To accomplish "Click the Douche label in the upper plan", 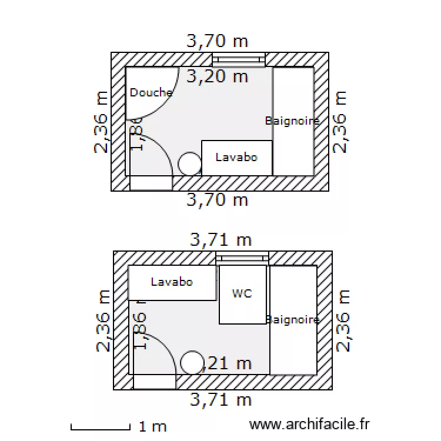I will pyautogui.click(x=151, y=92).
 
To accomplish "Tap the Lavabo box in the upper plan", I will pyautogui.click(x=236, y=158).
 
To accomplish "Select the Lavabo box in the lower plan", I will pyautogui.click(x=172, y=282).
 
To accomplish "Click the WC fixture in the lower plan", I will pyautogui.click(x=242, y=294).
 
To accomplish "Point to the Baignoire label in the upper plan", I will pyautogui.click(x=292, y=121).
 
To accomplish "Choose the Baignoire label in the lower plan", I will pyautogui.click(x=293, y=320).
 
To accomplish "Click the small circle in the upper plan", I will pyautogui.click(x=189, y=163).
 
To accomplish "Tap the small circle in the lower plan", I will pyautogui.click(x=192, y=363).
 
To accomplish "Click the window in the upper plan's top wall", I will pyautogui.click(x=238, y=59).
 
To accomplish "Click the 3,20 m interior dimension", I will pyautogui.click(x=217, y=76).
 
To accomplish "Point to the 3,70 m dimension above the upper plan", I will pyautogui.click(x=217, y=41).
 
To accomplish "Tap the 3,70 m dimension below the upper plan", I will pyautogui.click(x=217, y=200).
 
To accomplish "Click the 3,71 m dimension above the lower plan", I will pyautogui.click(x=220, y=240).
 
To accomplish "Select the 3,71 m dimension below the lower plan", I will pyautogui.click(x=220, y=400).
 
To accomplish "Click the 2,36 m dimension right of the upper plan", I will pyautogui.click(x=340, y=122).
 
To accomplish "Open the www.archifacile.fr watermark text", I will pyautogui.click(x=309, y=424).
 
